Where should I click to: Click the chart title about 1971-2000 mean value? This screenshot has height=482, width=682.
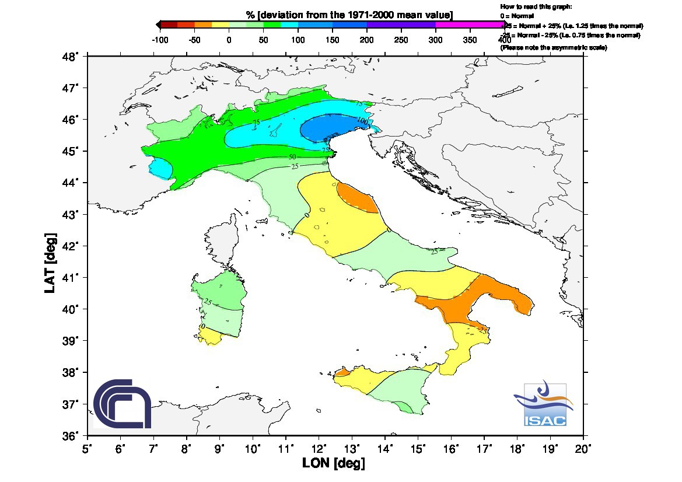[349, 15]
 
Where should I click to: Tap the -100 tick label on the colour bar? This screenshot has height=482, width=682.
[160, 40]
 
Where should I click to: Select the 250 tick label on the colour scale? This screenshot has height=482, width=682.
[401, 40]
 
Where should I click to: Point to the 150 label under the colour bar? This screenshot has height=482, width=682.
[333, 40]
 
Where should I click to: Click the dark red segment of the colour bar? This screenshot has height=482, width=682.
[169, 25]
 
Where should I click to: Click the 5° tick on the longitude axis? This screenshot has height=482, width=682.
[88, 449]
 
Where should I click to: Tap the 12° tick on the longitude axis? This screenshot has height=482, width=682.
[319, 449]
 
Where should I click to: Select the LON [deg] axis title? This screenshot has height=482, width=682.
[333, 464]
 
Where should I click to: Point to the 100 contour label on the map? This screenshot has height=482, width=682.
[362, 120]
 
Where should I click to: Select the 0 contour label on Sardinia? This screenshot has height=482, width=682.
[202, 326]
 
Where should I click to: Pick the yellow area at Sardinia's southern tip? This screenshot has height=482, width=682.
[209, 336]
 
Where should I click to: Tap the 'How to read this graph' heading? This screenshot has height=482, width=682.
[536, 6]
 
